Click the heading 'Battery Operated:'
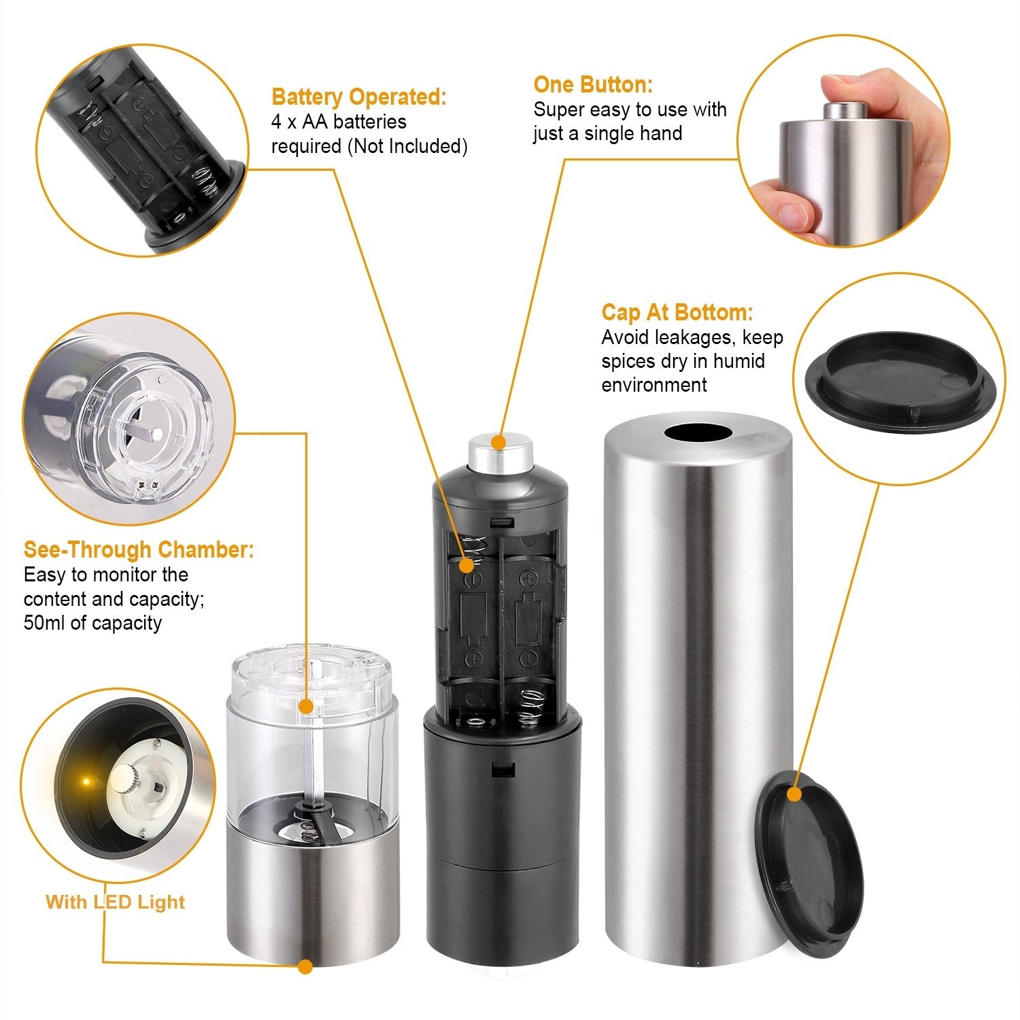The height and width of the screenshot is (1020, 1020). click(x=358, y=97)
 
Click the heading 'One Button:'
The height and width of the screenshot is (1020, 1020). click(x=592, y=85)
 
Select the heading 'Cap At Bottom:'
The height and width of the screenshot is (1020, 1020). click(x=677, y=313)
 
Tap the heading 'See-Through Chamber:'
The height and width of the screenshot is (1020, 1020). click(x=139, y=549)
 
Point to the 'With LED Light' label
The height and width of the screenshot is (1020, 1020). click(x=115, y=902)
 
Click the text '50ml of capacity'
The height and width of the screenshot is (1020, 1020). click(x=92, y=623)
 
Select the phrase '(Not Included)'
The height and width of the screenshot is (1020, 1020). click(x=407, y=146)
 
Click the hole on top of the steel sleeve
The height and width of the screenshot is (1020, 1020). click(x=697, y=433)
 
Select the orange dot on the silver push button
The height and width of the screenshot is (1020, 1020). click(x=499, y=443)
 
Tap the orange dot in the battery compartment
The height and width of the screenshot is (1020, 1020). click(x=466, y=566)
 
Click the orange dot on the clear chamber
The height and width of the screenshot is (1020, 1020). click(x=306, y=707)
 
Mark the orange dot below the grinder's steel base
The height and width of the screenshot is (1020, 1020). click(x=305, y=966)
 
